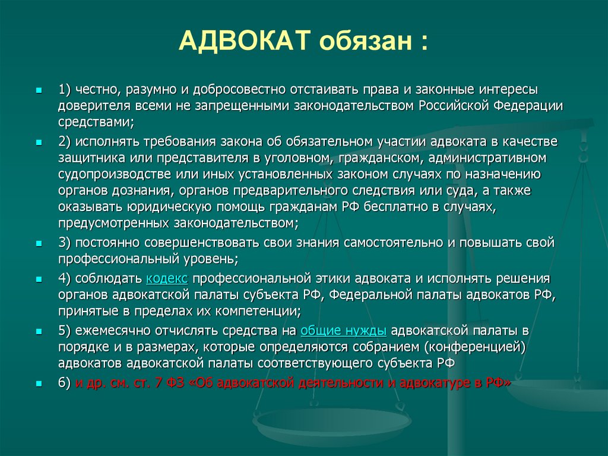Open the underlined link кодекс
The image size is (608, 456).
coord(167,278)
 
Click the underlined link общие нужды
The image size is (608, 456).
coord(344,331)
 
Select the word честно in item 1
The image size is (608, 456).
coord(91,89)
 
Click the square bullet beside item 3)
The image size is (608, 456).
coord(39,243)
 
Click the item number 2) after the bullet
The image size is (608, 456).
coord(65,142)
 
